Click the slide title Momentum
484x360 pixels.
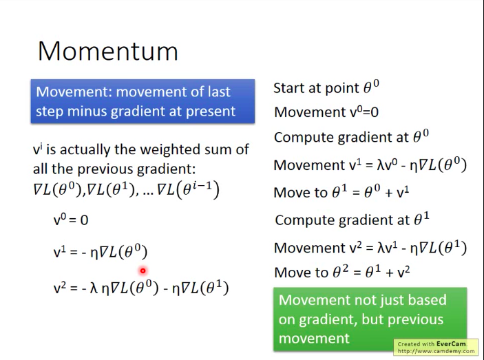108,51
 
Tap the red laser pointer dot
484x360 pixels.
143,271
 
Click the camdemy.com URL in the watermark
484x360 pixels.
436,351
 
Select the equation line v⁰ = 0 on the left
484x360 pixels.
71,220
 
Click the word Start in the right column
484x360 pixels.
289,88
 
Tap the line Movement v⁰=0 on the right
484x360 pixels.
326,112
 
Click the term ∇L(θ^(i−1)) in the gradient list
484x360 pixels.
188,190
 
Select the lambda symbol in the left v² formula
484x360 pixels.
94,288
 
